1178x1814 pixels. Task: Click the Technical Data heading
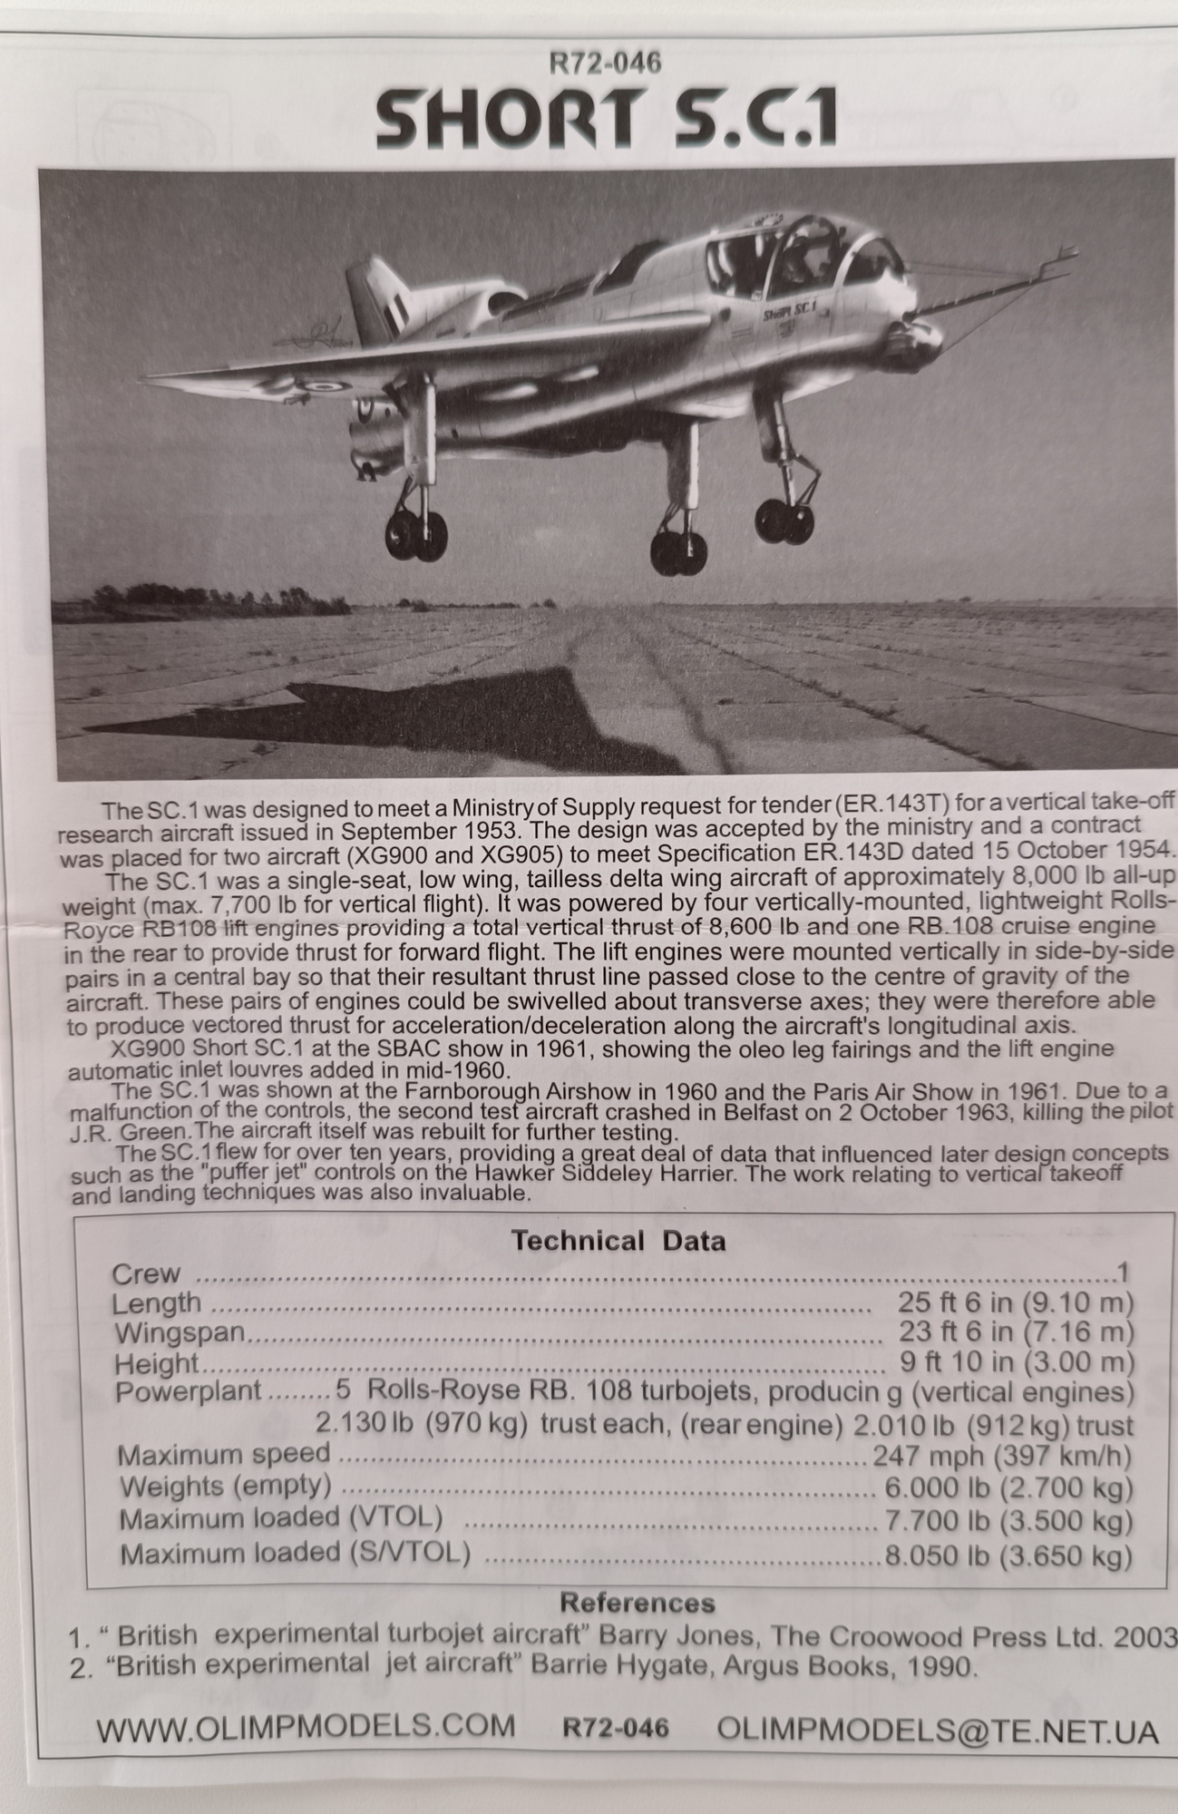[x=618, y=1240]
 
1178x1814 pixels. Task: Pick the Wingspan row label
[x=179, y=1332]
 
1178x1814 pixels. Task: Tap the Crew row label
[x=145, y=1273]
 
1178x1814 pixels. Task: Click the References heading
[x=637, y=1602]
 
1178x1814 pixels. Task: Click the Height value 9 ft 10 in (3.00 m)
[x=1015, y=1362]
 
